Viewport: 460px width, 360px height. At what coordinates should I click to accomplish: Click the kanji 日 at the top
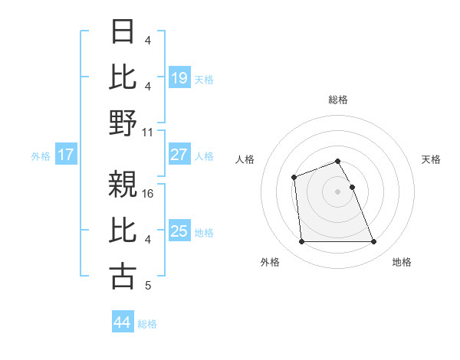(123, 31)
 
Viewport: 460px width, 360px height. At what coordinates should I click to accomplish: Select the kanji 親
(123, 185)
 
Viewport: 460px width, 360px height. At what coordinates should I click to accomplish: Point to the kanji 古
(123, 277)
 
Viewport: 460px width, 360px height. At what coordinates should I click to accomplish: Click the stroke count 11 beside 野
(149, 132)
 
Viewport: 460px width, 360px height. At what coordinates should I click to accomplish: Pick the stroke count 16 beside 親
(149, 194)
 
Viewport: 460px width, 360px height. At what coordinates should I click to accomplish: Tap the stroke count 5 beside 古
(148, 286)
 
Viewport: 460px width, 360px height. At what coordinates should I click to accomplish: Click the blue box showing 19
(179, 77)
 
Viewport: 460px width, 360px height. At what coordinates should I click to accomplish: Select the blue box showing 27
(179, 155)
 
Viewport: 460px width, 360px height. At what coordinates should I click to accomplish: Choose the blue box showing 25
(179, 231)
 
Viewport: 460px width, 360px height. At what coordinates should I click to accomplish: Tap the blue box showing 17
(66, 155)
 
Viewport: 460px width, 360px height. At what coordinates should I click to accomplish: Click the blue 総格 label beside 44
(147, 324)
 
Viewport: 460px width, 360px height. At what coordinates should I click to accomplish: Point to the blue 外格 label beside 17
(41, 155)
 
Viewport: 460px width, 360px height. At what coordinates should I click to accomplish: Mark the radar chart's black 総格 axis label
(338, 100)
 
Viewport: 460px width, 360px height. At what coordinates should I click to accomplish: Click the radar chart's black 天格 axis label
(431, 159)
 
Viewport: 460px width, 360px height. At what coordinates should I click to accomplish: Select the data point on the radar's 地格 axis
(374, 242)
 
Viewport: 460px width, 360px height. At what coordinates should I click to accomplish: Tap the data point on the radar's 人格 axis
(294, 178)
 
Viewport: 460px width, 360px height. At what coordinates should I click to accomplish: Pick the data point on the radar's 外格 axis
(301, 242)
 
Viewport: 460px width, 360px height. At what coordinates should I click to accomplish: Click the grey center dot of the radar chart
(338, 191)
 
